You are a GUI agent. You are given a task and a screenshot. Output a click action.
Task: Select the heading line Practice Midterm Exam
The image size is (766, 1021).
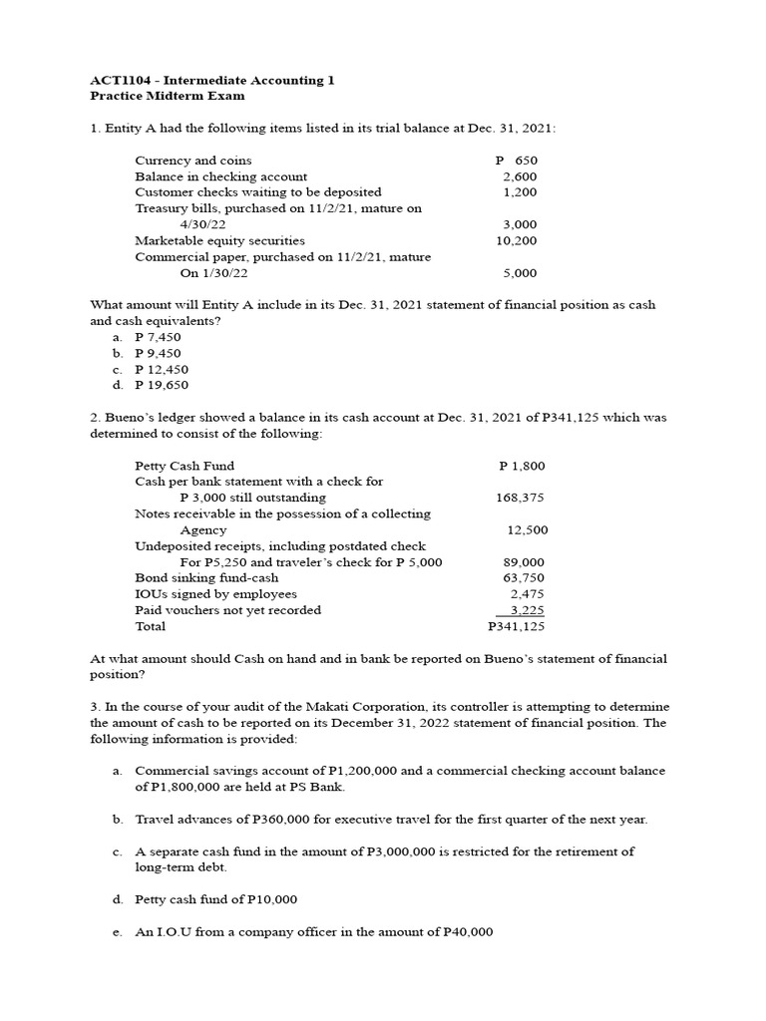(167, 96)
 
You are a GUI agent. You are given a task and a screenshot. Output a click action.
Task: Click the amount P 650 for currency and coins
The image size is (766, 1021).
(516, 161)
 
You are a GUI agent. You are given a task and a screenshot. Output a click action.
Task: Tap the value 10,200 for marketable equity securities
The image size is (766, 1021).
(516, 240)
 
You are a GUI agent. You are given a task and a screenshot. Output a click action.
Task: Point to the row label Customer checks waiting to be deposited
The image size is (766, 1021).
(257, 192)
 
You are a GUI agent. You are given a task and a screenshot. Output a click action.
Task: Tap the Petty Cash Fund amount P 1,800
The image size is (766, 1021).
(522, 466)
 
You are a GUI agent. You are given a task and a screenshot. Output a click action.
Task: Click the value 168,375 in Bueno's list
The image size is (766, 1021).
(520, 498)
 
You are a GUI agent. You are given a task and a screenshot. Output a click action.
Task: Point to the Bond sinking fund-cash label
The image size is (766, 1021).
(206, 577)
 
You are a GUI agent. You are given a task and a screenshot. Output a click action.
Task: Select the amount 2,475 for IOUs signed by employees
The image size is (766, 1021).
(527, 593)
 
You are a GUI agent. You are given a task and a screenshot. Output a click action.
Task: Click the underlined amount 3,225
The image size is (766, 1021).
(527, 609)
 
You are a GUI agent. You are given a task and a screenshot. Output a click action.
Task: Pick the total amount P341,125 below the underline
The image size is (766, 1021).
(516, 626)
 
